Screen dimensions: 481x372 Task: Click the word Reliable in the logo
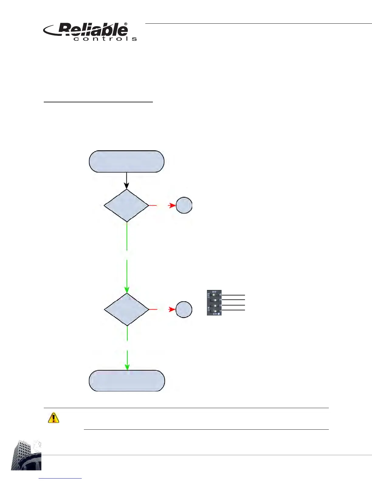coord(93,30)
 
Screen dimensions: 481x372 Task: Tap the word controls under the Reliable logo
coord(105,39)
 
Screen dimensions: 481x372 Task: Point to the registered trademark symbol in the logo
coord(126,24)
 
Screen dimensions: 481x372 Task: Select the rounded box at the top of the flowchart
coord(126,162)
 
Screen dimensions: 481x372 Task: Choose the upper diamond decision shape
coord(126,206)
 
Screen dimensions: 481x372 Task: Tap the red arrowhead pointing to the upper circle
coord(172,206)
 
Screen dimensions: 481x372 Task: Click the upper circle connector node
coord(184,206)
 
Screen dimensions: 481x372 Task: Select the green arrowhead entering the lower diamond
coord(127,289)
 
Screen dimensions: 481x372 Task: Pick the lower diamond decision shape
coord(127,309)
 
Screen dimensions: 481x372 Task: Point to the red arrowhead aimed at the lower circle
coord(172,309)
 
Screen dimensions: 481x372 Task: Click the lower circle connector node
coord(184,309)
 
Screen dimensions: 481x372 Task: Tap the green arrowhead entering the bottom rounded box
coord(127,367)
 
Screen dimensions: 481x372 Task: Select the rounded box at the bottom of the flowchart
coord(127,381)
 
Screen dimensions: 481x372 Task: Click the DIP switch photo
coord(214,303)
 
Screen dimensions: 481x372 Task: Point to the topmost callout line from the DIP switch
coord(233,295)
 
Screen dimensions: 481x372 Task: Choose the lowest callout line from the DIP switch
coord(233,310)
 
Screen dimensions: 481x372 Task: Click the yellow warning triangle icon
coord(53,418)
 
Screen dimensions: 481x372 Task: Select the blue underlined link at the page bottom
coord(60,478)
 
